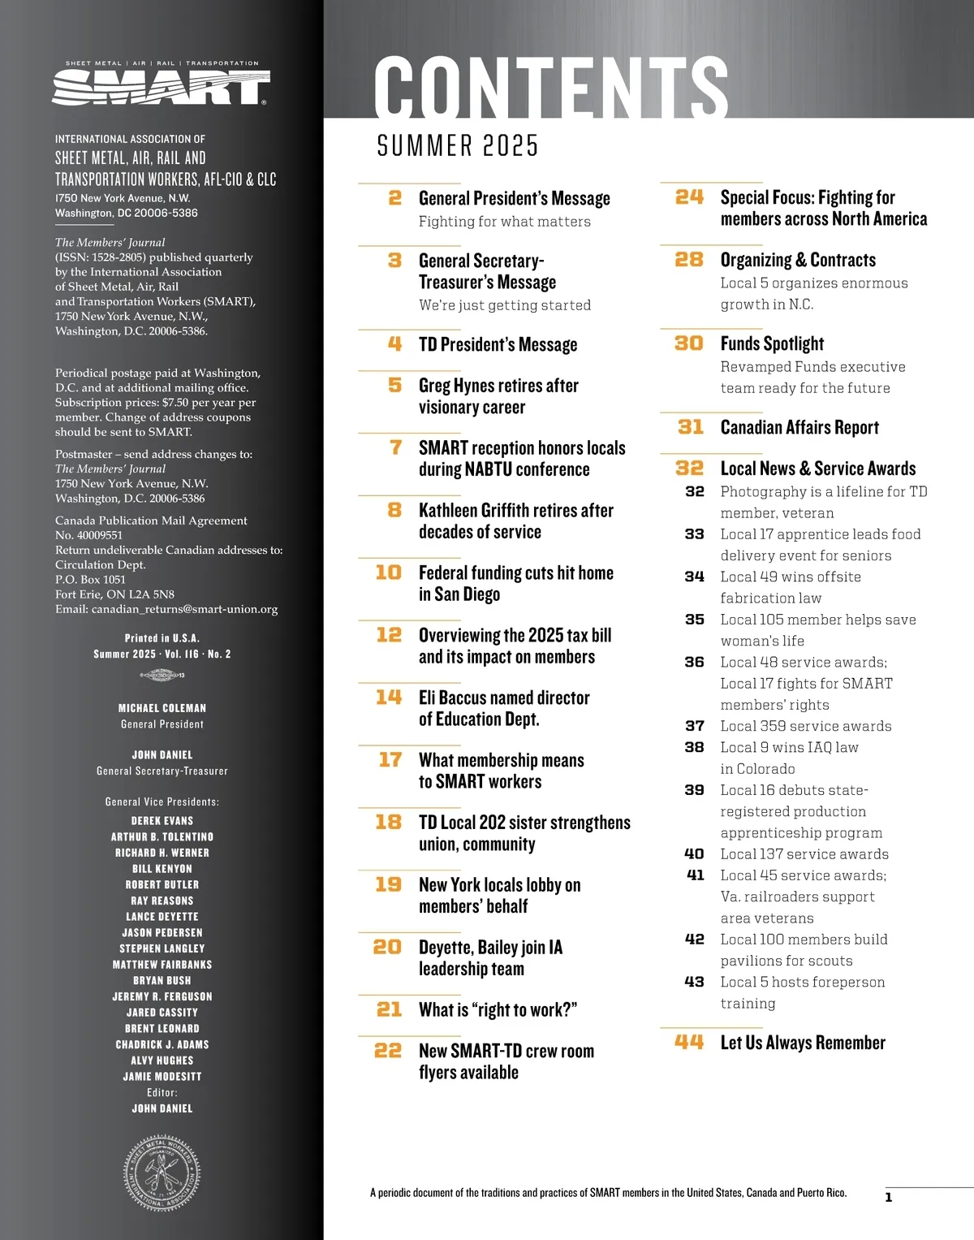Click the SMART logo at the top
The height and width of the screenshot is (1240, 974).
coord(161,85)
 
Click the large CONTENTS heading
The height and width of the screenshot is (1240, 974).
coord(550,88)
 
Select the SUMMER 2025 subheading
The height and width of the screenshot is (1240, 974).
coord(458,146)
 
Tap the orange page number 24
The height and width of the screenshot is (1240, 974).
coord(689,197)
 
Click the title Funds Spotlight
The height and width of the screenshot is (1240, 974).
coord(772,343)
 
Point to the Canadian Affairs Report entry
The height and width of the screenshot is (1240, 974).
coord(799,427)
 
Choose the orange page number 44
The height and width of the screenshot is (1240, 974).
coord(689,1042)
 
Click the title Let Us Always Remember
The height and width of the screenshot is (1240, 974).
coord(803,1043)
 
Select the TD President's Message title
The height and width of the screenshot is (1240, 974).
coord(498,344)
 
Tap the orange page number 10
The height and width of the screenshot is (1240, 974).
coord(389,572)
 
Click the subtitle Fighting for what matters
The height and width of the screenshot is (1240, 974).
coord(504,222)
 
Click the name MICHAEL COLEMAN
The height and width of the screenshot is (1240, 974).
coord(162,708)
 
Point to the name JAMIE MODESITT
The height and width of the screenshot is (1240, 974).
coord(162,1077)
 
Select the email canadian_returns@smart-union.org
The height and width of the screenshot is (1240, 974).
coord(184,609)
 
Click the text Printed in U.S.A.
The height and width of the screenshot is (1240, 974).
coord(162,638)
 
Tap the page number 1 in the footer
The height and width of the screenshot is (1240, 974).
coord(889,1197)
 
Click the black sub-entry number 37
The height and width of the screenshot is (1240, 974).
coord(695,726)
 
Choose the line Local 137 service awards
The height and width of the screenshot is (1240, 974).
coord(804,854)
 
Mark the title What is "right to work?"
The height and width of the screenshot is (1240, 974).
coord(498,1010)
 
